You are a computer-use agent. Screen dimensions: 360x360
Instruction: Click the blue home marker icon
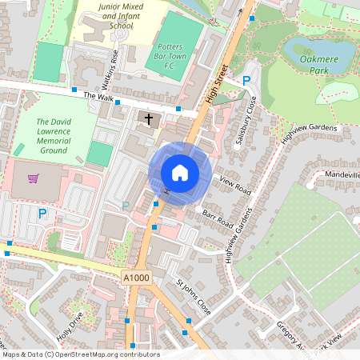180,173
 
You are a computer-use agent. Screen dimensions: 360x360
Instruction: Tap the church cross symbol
146,120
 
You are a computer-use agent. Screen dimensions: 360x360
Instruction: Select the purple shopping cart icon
33,178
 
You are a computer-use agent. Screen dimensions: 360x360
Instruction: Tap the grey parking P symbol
125,206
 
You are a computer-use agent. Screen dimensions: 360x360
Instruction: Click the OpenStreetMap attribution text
80,354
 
